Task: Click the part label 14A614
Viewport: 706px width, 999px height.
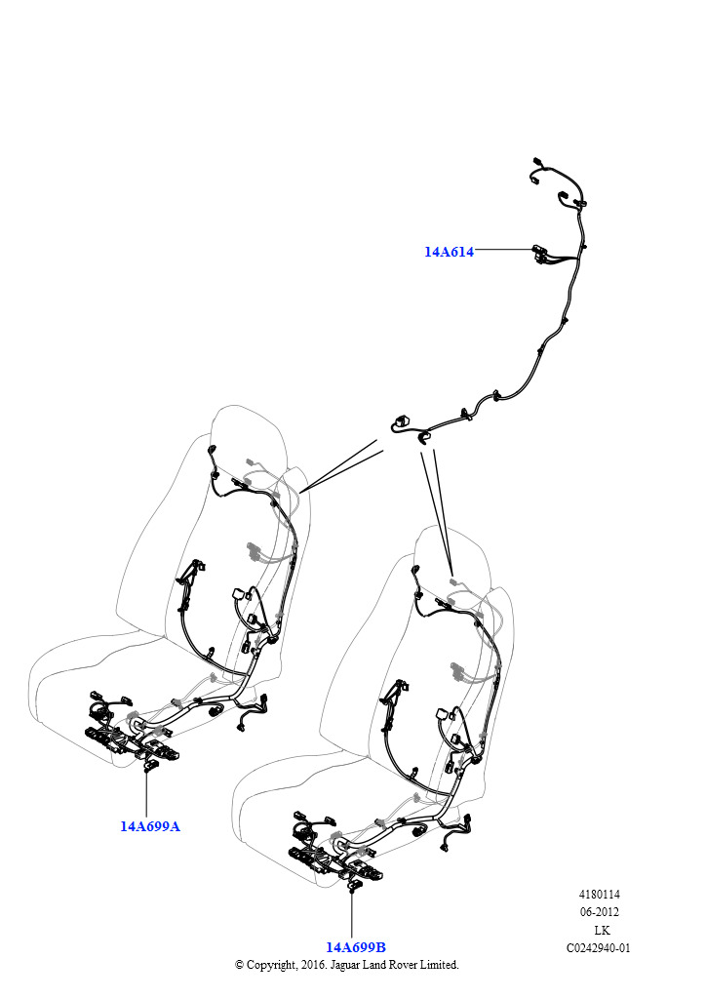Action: point(449,252)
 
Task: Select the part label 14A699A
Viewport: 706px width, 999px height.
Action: point(150,826)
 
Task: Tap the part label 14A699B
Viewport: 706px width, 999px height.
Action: point(356,947)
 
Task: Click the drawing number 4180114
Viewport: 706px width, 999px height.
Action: point(599,895)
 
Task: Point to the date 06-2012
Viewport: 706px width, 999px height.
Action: point(599,912)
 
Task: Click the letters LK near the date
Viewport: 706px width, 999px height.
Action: point(602,930)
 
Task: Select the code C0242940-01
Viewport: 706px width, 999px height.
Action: point(599,948)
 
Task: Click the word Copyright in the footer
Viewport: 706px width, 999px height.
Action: point(271,965)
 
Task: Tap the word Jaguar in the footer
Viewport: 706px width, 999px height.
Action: point(347,965)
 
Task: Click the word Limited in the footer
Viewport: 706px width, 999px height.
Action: point(437,965)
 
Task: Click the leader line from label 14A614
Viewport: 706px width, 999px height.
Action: point(503,249)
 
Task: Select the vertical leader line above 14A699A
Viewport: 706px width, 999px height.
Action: point(146,794)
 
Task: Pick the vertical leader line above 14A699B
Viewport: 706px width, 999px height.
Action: point(351,915)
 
